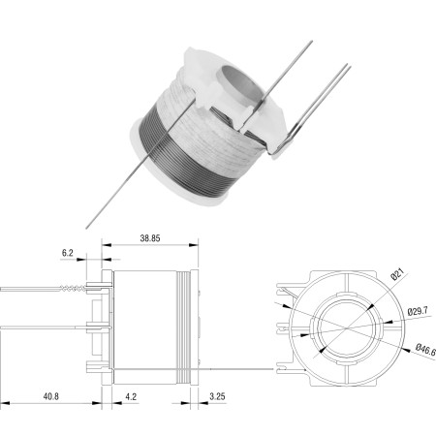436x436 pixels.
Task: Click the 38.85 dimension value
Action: (150, 238)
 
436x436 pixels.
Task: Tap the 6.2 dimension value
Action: (68, 253)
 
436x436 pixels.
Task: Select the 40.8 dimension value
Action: (51, 396)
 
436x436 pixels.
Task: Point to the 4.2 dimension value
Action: (131, 396)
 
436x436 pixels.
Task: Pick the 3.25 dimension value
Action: (217, 396)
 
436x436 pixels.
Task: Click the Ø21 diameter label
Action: (397, 274)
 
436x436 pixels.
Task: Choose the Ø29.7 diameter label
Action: (418, 311)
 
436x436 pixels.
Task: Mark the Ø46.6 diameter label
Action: (425, 350)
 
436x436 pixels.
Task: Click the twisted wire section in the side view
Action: (73, 288)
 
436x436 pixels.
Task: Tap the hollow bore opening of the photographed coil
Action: (238, 86)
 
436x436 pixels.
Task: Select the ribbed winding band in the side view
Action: (183, 327)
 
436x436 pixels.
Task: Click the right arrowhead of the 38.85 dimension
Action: (194, 245)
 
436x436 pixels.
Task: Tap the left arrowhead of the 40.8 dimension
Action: (5, 403)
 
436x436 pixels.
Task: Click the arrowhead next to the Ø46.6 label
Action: (407, 349)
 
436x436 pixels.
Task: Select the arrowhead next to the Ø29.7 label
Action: (388, 322)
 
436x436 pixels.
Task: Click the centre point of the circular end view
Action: (347, 328)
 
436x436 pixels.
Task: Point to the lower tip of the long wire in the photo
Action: (86, 229)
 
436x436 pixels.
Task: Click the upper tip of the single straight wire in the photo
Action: (312, 41)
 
